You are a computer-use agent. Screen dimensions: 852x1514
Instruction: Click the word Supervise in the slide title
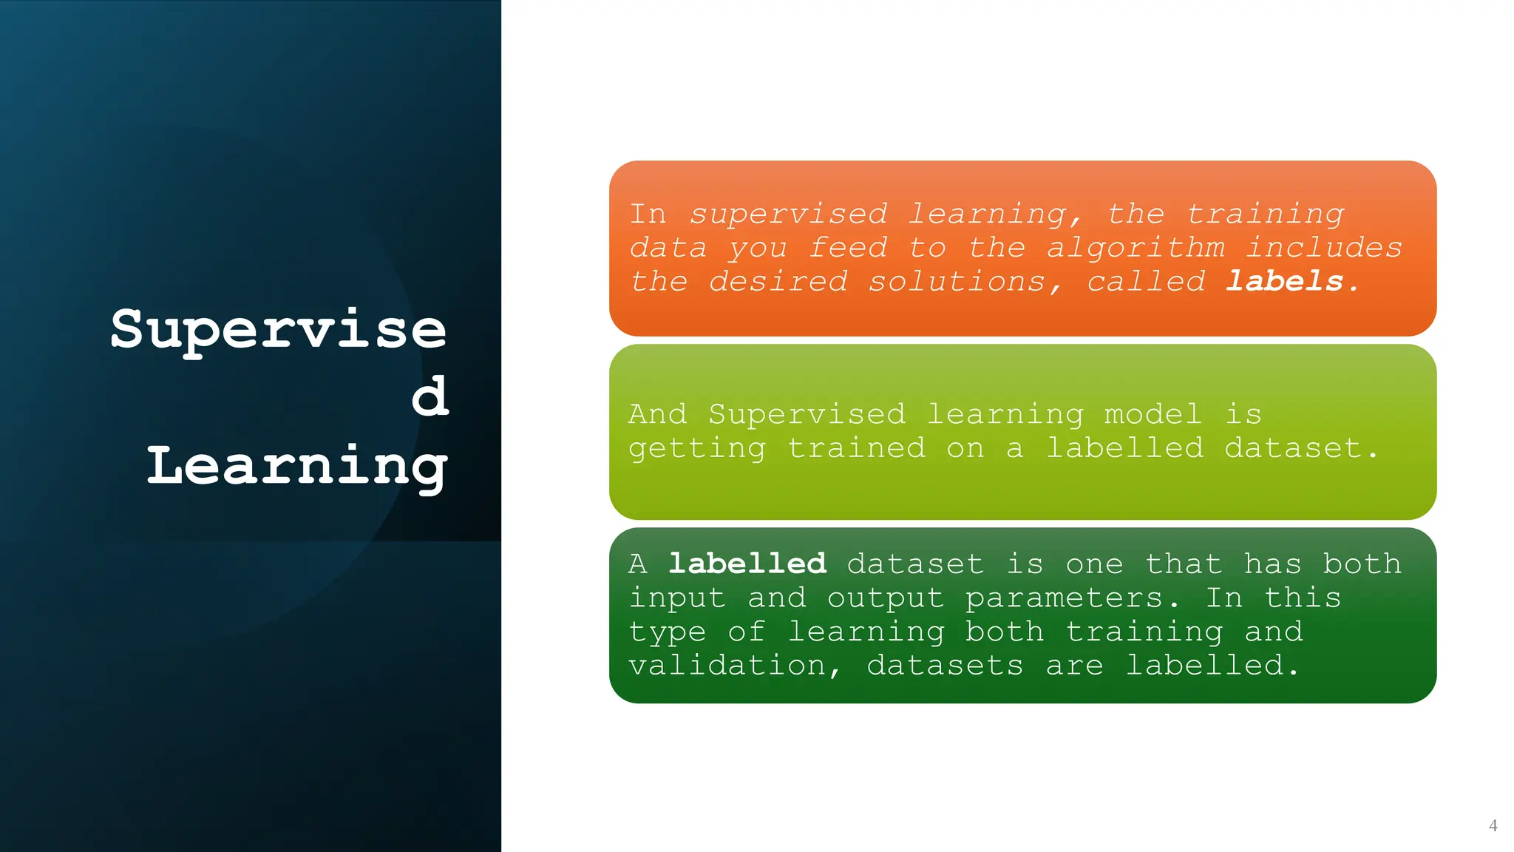point(279,330)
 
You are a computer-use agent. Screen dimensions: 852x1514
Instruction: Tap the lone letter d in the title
point(430,396)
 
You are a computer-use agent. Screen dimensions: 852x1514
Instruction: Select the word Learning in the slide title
point(297,467)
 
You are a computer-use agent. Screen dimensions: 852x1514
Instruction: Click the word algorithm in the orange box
point(1135,248)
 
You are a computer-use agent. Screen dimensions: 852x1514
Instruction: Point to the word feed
point(848,248)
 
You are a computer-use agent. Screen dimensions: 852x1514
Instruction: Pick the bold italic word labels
point(1285,282)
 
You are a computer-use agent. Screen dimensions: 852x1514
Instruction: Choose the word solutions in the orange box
point(957,282)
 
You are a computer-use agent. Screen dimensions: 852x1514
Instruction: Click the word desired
point(778,282)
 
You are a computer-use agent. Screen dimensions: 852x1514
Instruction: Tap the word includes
point(1324,248)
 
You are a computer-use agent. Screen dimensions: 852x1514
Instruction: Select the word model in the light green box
point(1153,414)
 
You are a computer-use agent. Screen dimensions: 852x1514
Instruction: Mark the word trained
point(856,448)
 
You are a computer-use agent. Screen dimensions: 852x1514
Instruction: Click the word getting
point(697,448)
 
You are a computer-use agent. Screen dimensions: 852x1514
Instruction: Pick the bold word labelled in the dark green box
point(747,564)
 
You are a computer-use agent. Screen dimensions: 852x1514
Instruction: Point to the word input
point(677,598)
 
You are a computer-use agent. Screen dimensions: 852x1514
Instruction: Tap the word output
point(886,598)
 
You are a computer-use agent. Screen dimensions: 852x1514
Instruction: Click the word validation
point(727,666)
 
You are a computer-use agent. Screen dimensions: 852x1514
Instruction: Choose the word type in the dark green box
point(668,632)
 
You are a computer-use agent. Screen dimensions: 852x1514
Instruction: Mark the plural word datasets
point(946,666)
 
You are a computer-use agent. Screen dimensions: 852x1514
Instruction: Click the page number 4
point(1493,825)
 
